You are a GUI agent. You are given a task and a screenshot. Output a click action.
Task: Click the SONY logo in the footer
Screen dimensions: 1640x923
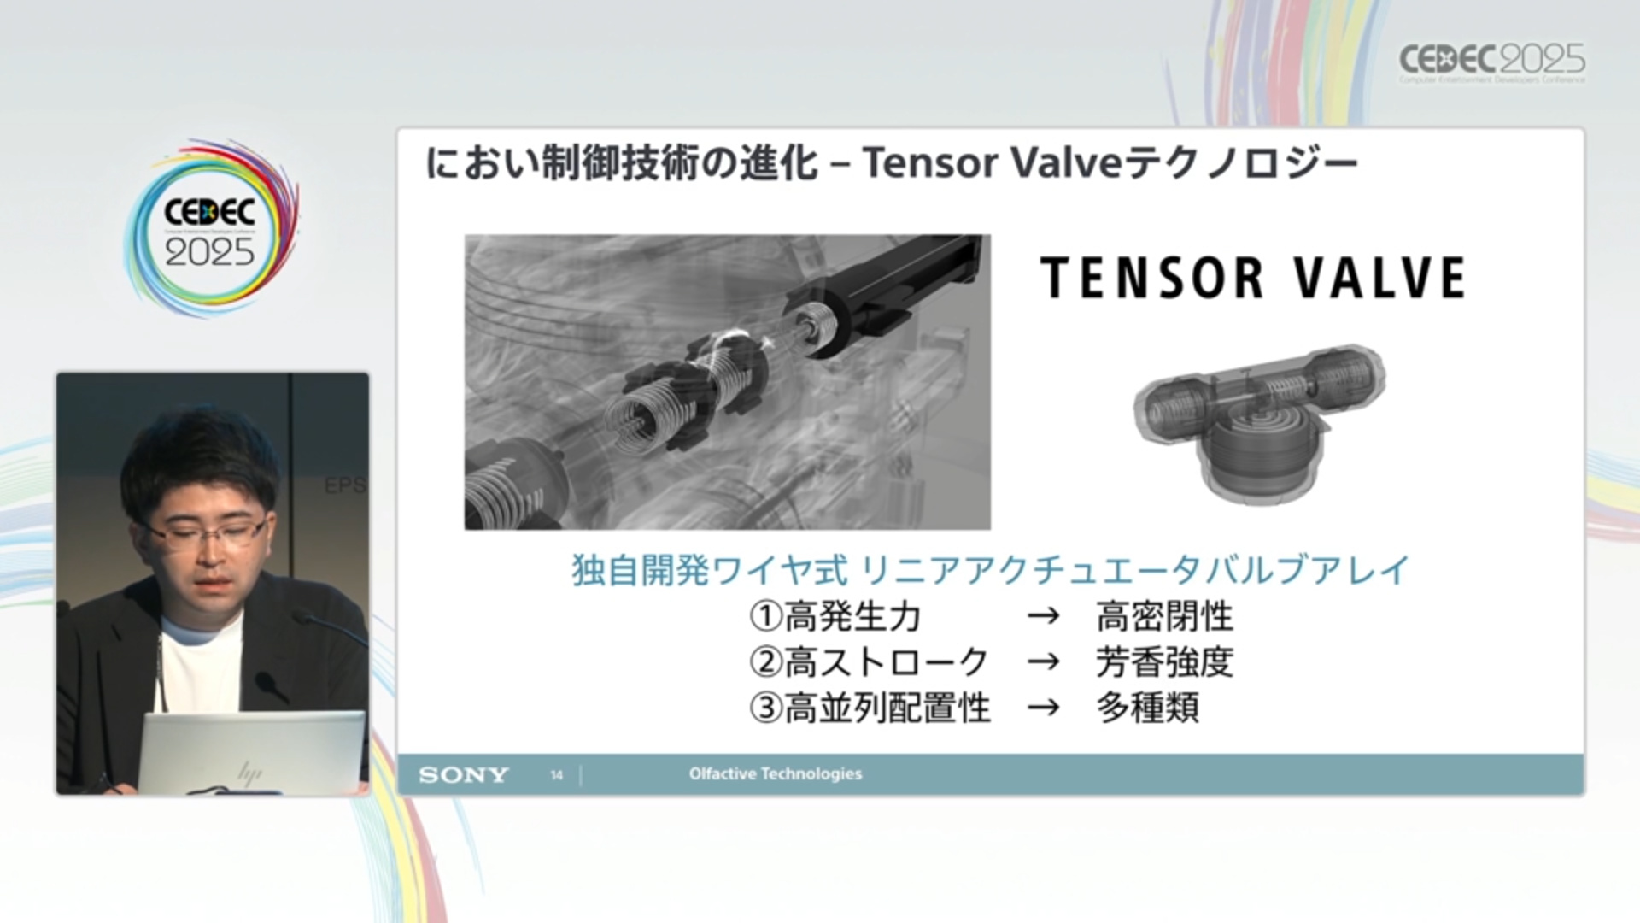(463, 775)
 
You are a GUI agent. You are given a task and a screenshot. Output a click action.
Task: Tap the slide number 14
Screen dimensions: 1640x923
(557, 775)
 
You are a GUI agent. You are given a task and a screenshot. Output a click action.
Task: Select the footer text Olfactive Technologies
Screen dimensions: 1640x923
(776, 773)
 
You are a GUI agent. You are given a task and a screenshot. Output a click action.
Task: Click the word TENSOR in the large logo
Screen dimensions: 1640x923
(1151, 278)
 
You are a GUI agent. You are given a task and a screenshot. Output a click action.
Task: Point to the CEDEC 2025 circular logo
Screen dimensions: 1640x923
(211, 229)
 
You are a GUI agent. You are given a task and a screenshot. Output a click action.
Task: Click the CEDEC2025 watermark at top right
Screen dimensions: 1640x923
(1492, 62)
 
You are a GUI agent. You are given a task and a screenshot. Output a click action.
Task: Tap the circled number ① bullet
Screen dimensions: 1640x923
(766, 615)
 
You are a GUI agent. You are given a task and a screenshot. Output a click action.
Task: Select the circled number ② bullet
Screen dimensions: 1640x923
(766, 661)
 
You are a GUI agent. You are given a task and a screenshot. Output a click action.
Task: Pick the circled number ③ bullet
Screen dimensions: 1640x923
(766, 708)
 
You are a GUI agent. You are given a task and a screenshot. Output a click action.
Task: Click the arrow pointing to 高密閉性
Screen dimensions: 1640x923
(1043, 616)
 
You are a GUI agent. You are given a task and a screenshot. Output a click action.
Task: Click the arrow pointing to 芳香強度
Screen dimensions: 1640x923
(1043, 662)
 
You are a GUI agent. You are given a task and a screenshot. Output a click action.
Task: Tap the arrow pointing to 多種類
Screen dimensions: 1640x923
(1043, 708)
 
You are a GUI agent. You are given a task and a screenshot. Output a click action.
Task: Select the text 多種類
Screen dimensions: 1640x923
(1148, 708)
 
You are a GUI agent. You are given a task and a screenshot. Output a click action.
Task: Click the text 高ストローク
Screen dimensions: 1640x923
(887, 661)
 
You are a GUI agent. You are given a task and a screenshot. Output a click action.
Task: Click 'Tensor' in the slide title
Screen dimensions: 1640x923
(930, 162)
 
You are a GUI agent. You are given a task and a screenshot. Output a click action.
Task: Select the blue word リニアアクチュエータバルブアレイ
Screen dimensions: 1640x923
(1135, 570)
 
